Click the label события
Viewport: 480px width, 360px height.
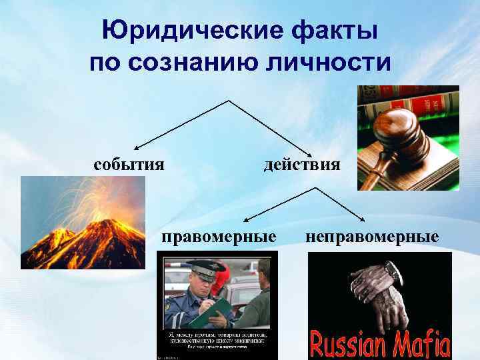click(129, 164)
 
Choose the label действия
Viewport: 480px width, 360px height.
click(302, 164)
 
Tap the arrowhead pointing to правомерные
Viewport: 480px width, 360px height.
click(245, 219)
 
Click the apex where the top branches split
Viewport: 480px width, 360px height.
click(230, 101)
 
